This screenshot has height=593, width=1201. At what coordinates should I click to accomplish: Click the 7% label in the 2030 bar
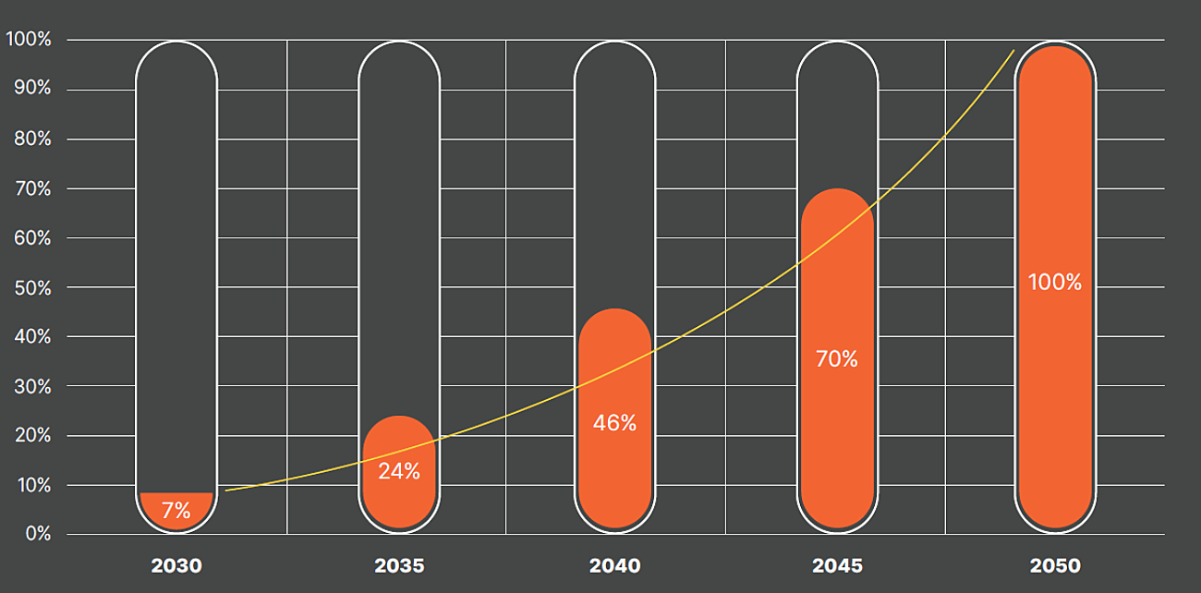point(176,510)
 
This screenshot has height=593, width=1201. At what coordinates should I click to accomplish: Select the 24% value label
point(398,471)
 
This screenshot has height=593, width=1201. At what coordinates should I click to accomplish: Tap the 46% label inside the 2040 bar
point(614,423)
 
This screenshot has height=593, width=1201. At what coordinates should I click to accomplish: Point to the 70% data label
point(836,359)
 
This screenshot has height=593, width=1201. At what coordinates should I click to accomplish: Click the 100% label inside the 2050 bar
point(1054,283)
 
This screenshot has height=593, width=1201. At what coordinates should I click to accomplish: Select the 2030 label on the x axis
point(176,565)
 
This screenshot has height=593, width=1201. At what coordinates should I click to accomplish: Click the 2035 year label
point(399,565)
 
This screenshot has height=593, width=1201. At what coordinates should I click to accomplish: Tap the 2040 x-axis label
point(614,565)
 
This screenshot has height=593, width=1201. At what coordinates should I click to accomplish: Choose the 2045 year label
point(837,565)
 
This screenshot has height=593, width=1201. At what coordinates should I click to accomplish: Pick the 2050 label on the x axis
point(1054,565)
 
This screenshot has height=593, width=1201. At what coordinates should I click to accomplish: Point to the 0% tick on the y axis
point(38,534)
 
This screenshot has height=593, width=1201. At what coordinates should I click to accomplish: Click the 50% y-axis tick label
point(33,287)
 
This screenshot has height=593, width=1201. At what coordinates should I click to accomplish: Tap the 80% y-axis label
point(33,139)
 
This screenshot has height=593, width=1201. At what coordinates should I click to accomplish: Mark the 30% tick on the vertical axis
point(33,386)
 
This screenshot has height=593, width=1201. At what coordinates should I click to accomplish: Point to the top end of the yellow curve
point(1013,50)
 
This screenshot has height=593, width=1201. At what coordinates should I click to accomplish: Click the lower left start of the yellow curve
point(226,490)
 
